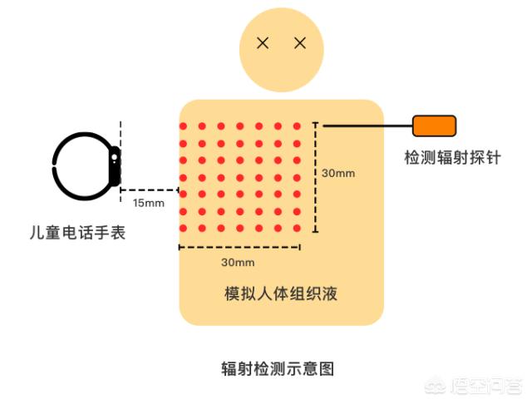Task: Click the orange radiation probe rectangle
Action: point(434,126)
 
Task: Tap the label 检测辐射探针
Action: point(452,158)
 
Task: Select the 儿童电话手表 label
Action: point(77,233)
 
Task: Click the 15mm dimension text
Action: point(149,203)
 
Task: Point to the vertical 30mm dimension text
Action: point(338,173)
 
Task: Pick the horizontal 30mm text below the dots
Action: point(238,262)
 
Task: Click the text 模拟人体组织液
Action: point(281,293)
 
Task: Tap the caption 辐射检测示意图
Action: point(278,369)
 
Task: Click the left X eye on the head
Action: point(263,43)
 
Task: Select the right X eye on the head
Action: point(300,43)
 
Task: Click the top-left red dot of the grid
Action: point(183,126)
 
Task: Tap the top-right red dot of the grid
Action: point(297,126)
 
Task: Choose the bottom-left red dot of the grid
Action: point(183,229)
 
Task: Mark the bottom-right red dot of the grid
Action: point(297,229)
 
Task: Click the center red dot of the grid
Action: point(240,177)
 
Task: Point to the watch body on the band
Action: point(115,166)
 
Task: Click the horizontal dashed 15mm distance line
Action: point(150,190)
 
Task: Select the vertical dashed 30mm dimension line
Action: point(316,177)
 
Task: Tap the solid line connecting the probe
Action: point(367,126)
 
